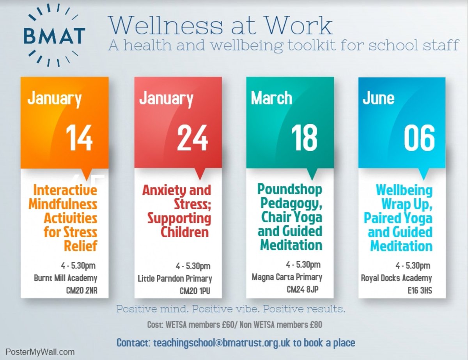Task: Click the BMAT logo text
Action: pos(54,36)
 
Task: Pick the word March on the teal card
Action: pos(271,98)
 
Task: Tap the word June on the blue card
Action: pos(378,98)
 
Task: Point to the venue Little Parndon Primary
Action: pos(175,279)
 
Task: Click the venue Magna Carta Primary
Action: pos(287,277)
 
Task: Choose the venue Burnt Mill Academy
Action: pos(66,279)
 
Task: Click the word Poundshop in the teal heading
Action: pos(290,190)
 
